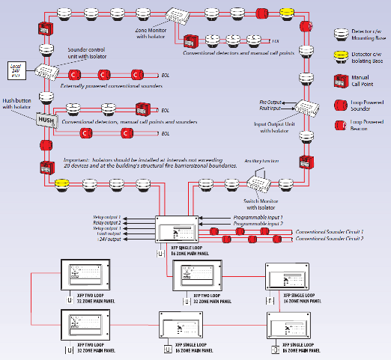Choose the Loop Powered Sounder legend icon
point(342,103)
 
